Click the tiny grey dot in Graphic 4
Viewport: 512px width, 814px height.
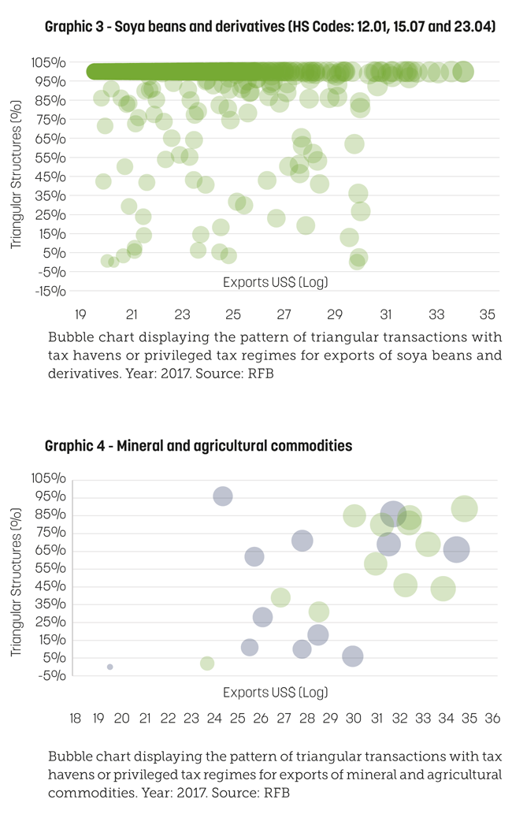[110, 667]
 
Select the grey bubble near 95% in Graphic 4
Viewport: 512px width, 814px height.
[223, 496]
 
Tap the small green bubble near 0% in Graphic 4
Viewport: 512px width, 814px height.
[207, 663]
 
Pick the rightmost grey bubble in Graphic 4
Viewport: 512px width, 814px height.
[457, 550]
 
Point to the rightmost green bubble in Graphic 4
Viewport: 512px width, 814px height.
[464, 509]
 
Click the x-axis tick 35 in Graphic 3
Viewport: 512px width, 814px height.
[487, 314]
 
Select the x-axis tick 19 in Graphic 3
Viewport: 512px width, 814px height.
[80, 314]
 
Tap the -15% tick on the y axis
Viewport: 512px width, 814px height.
[50, 292]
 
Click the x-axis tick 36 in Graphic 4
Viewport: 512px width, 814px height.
[492, 719]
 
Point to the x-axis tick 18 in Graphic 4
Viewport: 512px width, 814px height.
[75, 719]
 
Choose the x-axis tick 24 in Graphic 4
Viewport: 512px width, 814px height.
[214, 719]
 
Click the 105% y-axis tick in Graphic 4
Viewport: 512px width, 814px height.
[49, 478]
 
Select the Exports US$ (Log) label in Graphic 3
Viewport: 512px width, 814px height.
[276, 282]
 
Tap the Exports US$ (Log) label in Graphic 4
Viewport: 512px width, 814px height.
[276, 693]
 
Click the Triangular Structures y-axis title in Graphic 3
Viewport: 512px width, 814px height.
[16, 174]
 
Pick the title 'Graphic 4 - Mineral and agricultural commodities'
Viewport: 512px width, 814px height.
[198, 446]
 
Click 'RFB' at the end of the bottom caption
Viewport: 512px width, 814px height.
[276, 793]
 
